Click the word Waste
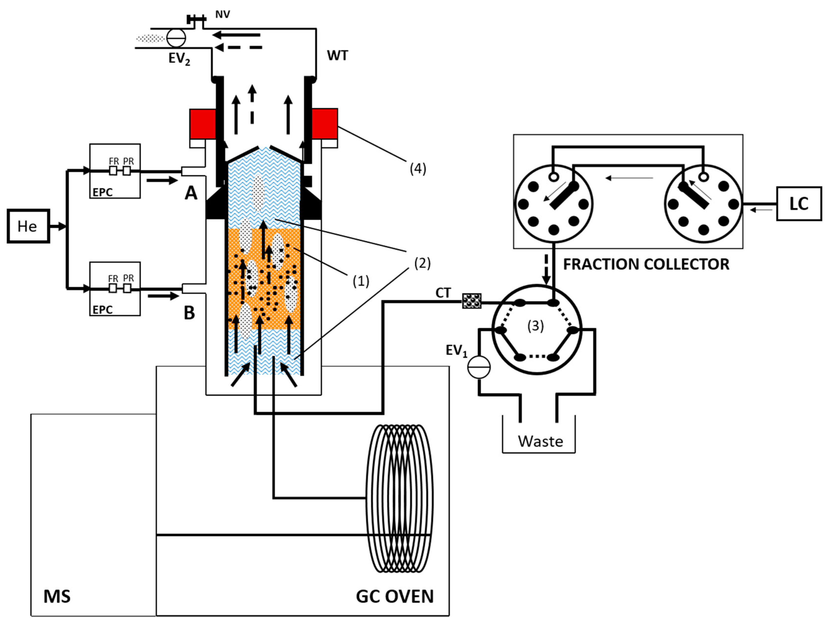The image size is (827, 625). click(540, 441)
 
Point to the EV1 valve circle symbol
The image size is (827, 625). click(479, 367)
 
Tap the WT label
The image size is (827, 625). click(337, 56)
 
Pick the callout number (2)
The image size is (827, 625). click(422, 263)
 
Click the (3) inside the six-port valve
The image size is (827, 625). click(535, 326)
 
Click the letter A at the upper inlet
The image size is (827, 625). click(191, 193)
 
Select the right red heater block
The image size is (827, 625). click(324, 124)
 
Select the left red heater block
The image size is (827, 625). click(202, 124)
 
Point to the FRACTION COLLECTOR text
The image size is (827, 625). click(646, 264)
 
